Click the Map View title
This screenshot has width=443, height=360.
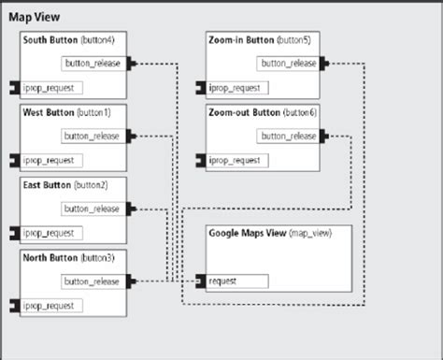point(35,17)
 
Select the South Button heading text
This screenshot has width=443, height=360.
point(50,40)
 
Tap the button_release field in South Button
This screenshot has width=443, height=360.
point(93,64)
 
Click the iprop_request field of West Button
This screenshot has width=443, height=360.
point(51,161)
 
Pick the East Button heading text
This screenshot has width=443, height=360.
point(47,185)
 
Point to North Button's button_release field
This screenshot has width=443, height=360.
point(93,281)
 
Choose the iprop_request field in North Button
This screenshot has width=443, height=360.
point(51,306)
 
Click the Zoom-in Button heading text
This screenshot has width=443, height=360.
point(241,40)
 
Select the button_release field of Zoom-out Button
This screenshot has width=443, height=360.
point(288,137)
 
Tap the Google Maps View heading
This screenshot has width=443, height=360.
point(248,233)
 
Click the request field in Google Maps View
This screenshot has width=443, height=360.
point(237,281)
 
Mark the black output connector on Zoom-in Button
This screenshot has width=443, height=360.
point(324,64)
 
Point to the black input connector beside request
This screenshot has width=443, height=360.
point(201,281)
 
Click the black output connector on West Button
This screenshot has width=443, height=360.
point(131,137)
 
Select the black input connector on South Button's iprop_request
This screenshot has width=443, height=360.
point(15,88)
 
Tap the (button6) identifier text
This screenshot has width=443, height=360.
point(300,112)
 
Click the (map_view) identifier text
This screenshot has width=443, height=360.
point(310,233)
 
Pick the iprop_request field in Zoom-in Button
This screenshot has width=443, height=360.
point(237,88)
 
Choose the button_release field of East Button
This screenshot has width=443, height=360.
point(93,209)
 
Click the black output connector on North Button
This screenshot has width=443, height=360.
point(131,281)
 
